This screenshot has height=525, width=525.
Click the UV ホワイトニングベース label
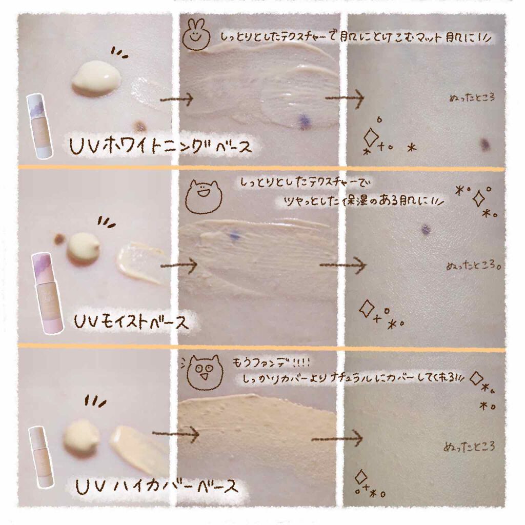tap(160, 146)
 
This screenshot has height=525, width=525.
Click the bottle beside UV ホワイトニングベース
tap(39, 126)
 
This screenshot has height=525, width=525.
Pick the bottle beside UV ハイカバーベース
tap(41, 456)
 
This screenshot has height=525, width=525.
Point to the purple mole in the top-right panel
tap(484, 144)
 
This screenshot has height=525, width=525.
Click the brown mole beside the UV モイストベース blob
tap(59, 239)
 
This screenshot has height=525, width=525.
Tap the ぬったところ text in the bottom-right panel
tap(469, 447)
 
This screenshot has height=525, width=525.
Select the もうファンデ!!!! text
tap(271, 362)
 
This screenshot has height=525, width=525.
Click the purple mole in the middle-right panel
tap(426, 229)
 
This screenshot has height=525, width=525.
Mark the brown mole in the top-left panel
tap(139, 126)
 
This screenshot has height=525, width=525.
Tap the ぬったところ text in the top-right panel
tap(472, 98)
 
